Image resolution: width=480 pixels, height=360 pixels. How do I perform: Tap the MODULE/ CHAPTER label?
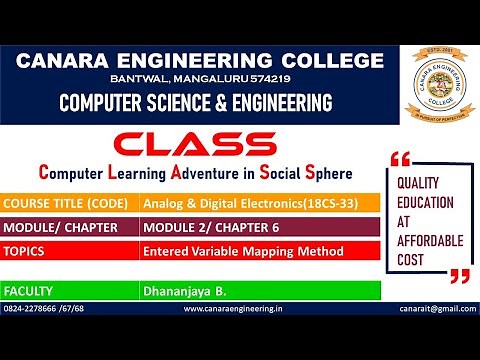click(62, 227)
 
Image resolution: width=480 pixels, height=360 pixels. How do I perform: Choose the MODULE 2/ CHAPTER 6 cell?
click(213, 227)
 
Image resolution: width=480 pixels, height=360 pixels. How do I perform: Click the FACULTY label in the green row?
click(29, 291)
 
